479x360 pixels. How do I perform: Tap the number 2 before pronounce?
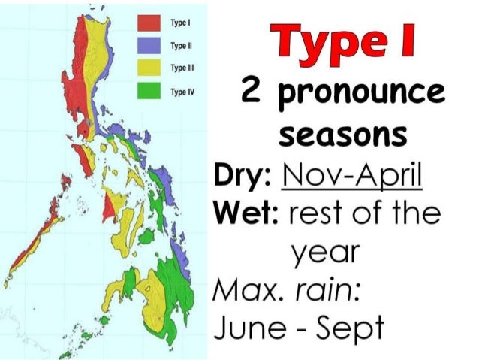point(251,95)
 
